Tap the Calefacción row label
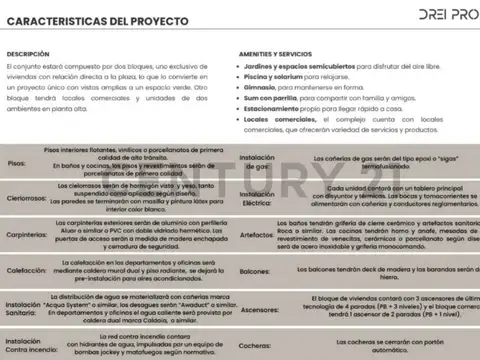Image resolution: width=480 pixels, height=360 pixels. pos(26,270)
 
